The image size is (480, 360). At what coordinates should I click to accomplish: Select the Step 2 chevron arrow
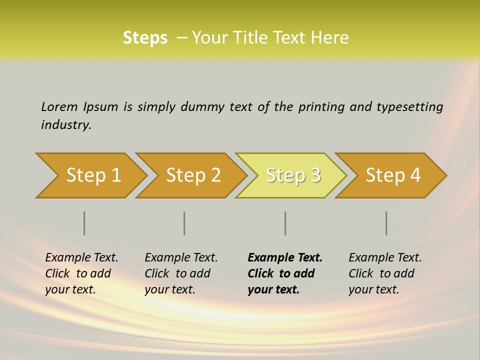click(192, 175)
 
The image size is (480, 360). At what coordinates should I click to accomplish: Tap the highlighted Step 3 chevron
click(292, 175)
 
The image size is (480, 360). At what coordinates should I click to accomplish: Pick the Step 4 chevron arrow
click(392, 175)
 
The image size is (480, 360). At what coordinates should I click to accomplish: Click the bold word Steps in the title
click(145, 38)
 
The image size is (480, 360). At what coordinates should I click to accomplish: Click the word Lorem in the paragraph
click(59, 106)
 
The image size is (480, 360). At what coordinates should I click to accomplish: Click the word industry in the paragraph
click(65, 124)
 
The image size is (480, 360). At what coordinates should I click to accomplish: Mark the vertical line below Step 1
click(84, 223)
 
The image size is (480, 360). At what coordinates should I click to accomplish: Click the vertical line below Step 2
click(184, 223)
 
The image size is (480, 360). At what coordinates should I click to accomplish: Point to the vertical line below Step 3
click(285, 223)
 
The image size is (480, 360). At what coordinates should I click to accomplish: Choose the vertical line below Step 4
click(386, 223)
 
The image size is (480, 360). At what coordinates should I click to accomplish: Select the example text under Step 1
click(81, 273)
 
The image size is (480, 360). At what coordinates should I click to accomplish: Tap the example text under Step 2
click(181, 273)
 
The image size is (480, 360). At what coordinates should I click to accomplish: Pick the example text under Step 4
click(385, 273)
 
